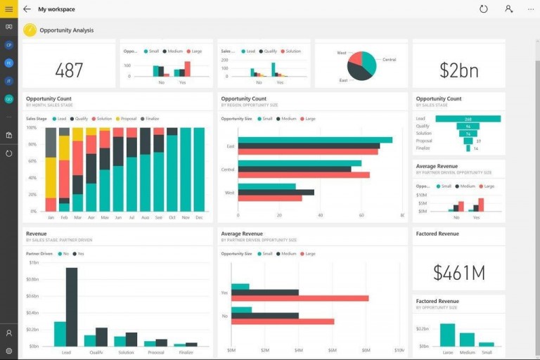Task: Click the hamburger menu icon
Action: [x=8, y=9]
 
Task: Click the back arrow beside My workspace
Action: [x=27, y=9]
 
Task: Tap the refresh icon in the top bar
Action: [x=483, y=9]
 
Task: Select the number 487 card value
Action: [x=69, y=70]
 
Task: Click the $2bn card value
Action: [x=458, y=70]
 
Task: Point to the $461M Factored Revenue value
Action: [x=458, y=273]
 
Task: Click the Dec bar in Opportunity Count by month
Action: [x=199, y=169]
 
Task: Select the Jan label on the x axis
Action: [x=51, y=217]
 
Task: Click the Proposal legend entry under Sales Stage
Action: [x=127, y=119]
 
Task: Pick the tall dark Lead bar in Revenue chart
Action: [x=71, y=307]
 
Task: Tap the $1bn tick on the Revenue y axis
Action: [x=34, y=262]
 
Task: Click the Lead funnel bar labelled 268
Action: [x=468, y=119]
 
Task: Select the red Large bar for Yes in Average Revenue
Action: [x=300, y=298]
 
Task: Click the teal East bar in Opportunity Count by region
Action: [x=315, y=140]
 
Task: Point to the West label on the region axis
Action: [x=230, y=192]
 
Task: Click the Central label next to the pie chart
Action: [x=389, y=60]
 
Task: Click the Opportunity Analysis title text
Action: [x=67, y=30]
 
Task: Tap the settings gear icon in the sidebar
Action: [x=8, y=350]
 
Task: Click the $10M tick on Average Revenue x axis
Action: [x=399, y=349]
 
